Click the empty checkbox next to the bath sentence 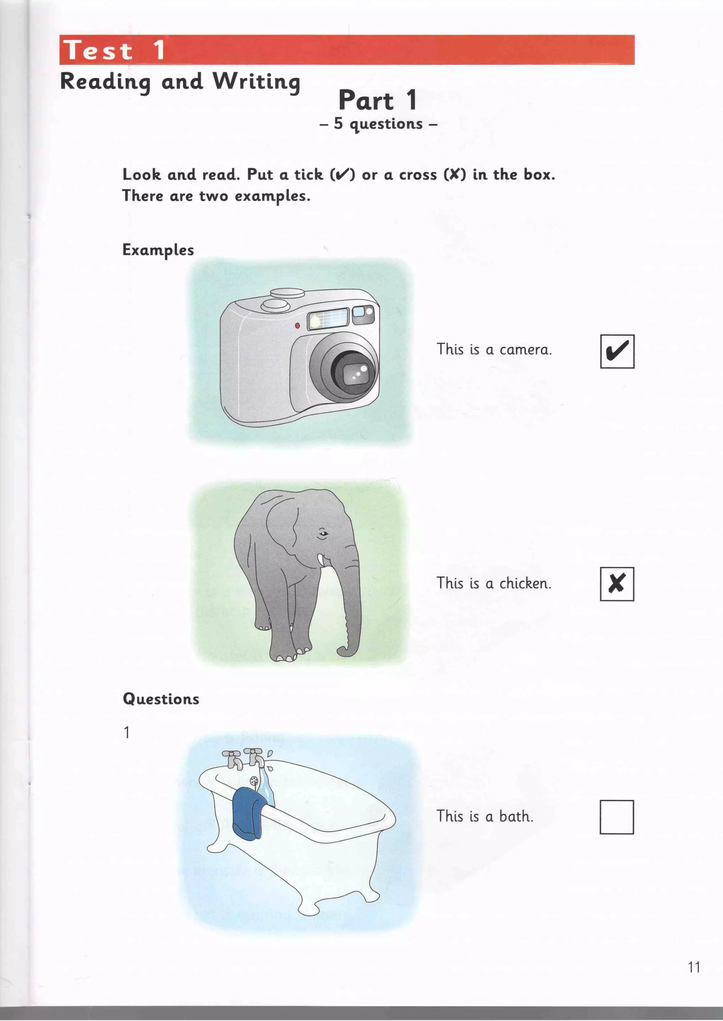pyautogui.click(x=617, y=817)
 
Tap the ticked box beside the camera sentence pyautogui.click(x=617, y=351)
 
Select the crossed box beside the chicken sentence pyautogui.click(x=617, y=584)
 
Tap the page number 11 pyautogui.click(x=694, y=967)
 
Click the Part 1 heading pyautogui.click(x=377, y=100)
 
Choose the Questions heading pyautogui.click(x=161, y=699)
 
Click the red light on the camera pyautogui.click(x=297, y=326)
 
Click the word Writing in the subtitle pyautogui.click(x=256, y=82)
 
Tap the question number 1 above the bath pyautogui.click(x=127, y=732)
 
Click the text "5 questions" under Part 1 pyautogui.click(x=378, y=124)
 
